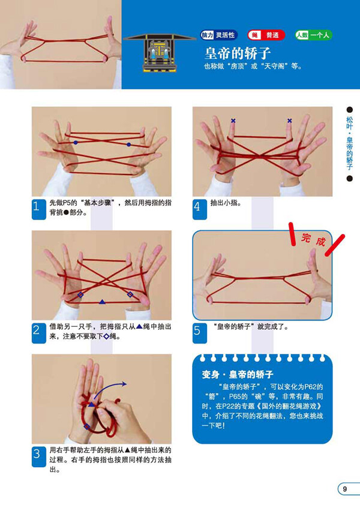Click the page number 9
click(346, 489)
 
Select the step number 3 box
click(38, 456)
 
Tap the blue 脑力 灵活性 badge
click(220, 35)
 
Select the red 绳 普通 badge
click(266, 35)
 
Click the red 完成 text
click(313, 239)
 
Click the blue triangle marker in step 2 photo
click(102, 301)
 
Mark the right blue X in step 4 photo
click(289, 121)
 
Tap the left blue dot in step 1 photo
click(76, 143)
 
